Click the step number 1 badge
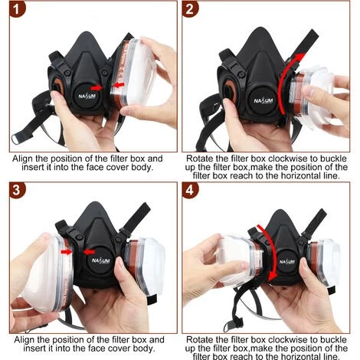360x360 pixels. (x=17, y=9)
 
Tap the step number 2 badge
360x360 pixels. (x=190, y=9)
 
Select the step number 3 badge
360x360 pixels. (x=17, y=190)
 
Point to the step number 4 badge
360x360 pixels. (x=190, y=190)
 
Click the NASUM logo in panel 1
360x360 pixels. (x=87, y=97)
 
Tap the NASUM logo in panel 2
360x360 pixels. (x=263, y=100)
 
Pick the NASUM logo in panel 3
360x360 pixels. (x=100, y=260)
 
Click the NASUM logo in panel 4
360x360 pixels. (x=287, y=262)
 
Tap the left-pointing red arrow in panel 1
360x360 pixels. (x=119, y=85)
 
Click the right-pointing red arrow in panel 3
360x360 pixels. (x=67, y=252)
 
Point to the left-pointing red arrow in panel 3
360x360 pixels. (x=89, y=252)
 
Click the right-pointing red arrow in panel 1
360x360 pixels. (x=97, y=88)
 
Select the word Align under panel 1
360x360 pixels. (x=23, y=159)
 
